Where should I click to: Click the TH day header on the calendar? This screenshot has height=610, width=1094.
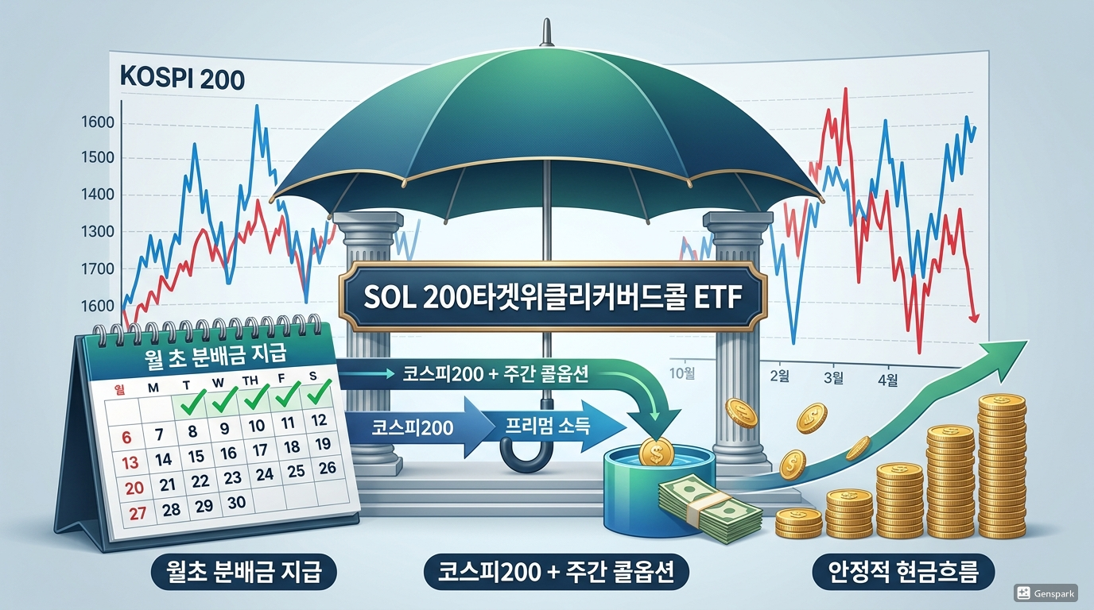[250, 381]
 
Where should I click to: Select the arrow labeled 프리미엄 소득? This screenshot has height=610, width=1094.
[549, 427]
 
